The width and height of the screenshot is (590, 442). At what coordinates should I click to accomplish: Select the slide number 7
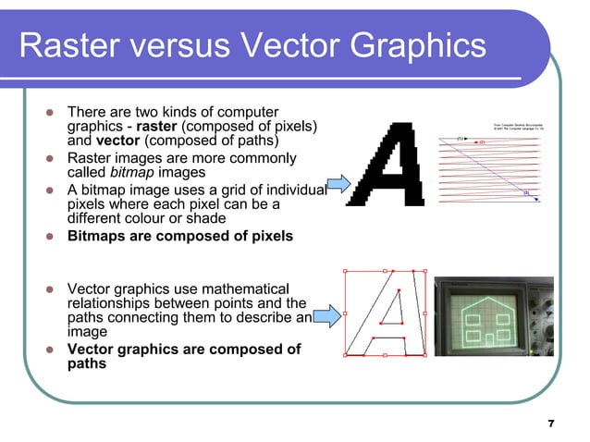click(551, 424)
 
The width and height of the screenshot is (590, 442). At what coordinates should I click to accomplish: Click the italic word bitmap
click(129, 173)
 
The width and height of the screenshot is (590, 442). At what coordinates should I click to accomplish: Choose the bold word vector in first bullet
click(117, 141)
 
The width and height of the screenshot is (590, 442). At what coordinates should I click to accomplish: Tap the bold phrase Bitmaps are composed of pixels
click(180, 236)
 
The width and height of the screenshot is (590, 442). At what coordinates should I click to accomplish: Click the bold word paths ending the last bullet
click(87, 363)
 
